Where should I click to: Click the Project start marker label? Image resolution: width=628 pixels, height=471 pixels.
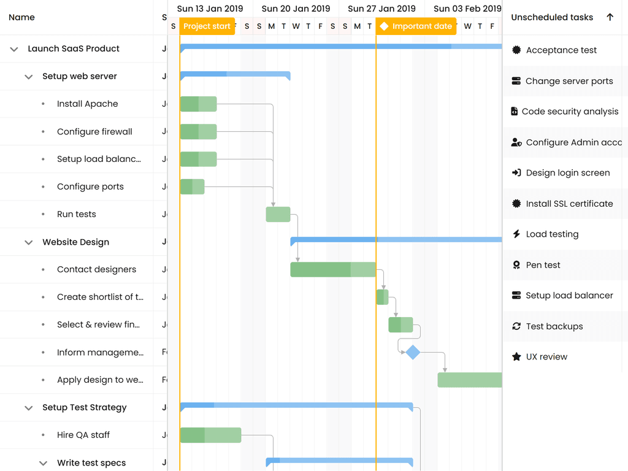pyautogui.click(x=207, y=26)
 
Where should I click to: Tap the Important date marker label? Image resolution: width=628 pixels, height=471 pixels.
pyautogui.click(x=416, y=26)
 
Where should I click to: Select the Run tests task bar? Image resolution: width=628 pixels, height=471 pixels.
pyautogui.click(x=278, y=215)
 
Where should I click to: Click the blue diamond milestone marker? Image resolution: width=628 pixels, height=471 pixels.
pyautogui.click(x=413, y=352)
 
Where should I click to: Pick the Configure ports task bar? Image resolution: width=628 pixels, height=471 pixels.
pyautogui.click(x=192, y=187)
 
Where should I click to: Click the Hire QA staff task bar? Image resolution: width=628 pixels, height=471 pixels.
pyautogui.click(x=210, y=435)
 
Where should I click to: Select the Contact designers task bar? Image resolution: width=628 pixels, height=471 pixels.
pyautogui.click(x=332, y=270)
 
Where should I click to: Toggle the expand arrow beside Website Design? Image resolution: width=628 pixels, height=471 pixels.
pyautogui.click(x=28, y=242)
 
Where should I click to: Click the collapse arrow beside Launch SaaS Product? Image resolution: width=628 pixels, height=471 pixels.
pyautogui.click(x=14, y=49)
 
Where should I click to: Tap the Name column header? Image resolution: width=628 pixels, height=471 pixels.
pyautogui.click(x=22, y=17)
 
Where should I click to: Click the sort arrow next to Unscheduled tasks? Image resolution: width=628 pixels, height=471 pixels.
pyautogui.click(x=610, y=17)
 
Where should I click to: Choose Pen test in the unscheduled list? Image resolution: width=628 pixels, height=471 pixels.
pyautogui.click(x=543, y=265)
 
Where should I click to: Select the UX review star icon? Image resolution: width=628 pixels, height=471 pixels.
pyautogui.click(x=516, y=357)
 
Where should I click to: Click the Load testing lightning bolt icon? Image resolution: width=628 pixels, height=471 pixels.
pyautogui.click(x=516, y=234)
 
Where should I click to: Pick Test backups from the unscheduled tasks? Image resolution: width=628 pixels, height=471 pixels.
pyautogui.click(x=554, y=326)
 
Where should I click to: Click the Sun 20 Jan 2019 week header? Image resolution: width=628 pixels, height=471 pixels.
pyautogui.click(x=296, y=9)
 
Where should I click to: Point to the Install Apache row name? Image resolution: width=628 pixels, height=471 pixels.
pyautogui.click(x=87, y=104)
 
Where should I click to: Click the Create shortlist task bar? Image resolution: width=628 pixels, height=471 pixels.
pyautogui.click(x=382, y=297)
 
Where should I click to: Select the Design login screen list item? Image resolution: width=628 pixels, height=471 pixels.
pyautogui.click(x=567, y=173)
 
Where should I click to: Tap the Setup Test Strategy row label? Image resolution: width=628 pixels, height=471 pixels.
pyautogui.click(x=84, y=408)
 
